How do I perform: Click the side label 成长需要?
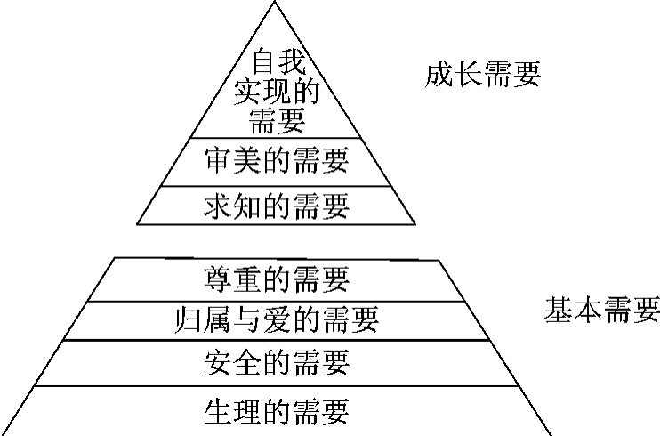click(482, 75)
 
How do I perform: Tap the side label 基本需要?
click(602, 310)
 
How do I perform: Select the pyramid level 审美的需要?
click(277, 160)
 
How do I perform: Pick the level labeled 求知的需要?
click(277, 206)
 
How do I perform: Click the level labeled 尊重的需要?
click(277, 279)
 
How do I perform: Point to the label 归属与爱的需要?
click(277, 319)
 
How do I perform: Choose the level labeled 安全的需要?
click(277, 362)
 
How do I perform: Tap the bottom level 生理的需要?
click(277, 411)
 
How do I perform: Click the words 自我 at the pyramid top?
click(278, 61)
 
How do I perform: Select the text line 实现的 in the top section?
click(277, 91)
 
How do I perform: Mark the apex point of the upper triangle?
click(275, 1)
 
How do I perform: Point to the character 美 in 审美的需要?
click(247, 160)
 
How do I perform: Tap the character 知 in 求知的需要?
click(247, 206)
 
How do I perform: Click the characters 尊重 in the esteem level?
click(232, 279)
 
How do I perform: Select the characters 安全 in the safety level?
click(232, 362)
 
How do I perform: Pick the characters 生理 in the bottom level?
click(232, 411)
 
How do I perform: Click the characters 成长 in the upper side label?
click(453, 75)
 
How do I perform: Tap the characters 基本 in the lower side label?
click(573, 310)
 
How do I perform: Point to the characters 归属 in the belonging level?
click(203, 319)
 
